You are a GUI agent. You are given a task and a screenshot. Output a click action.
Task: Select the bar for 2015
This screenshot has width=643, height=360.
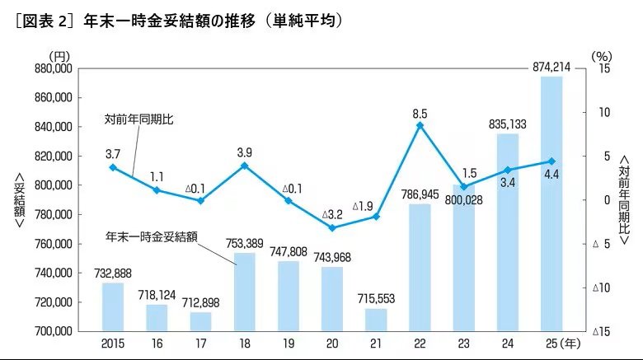click(x=113, y=306)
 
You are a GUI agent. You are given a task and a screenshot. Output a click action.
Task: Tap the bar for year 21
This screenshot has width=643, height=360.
click(x=376, y=320)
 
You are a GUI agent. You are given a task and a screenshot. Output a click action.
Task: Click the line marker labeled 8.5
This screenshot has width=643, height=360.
click(x=420, y=125)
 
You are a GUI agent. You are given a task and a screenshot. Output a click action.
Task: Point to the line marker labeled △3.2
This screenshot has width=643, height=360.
click(x=332, y=227)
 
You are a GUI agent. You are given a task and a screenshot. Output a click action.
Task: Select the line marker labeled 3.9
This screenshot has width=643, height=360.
click(x=245, y=166)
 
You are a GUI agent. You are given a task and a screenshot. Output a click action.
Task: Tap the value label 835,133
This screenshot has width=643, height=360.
click(x=508, y=124)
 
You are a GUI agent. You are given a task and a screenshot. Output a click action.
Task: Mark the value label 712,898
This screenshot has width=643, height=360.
click(x=200, y=303)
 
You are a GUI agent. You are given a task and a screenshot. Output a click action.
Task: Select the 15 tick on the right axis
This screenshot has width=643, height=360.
click(x=604, y=69)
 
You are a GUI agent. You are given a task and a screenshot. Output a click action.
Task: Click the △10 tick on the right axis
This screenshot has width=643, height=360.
click(x=601, y=288)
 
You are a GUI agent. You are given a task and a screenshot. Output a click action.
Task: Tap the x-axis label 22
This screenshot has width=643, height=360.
click(x=420, y=342)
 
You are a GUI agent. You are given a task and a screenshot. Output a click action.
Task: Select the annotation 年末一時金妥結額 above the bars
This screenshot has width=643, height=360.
click(x=152, y=236)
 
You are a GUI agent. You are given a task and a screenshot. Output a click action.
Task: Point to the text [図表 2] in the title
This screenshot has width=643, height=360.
click(x=41, y=18)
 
